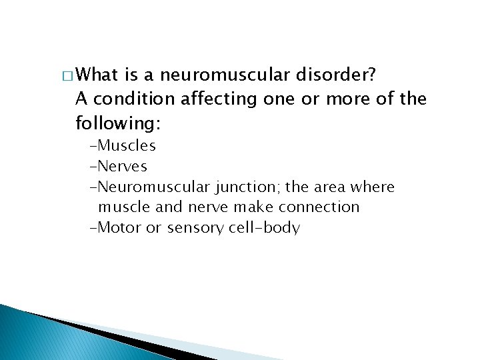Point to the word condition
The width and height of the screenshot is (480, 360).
(133, 99)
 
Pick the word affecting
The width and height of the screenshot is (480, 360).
(217, 99)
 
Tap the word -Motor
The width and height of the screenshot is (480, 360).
(116, 228)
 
